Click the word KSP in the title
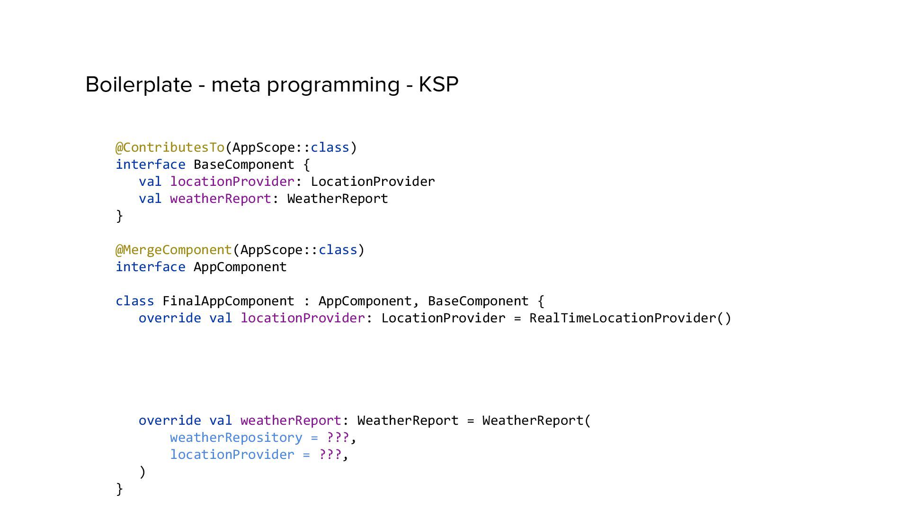[438, 85]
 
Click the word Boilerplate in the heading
[139, 85]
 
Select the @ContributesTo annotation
[170, 147]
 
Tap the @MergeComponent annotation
[174, 250]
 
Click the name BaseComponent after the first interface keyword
[244, 165]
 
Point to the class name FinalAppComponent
[228, 301]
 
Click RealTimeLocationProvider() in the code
[630, 318]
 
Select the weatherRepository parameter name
[236, 438]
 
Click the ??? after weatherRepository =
[338, 438]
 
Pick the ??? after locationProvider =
[330, 455]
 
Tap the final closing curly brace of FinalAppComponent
[119, 489]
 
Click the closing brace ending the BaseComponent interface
[119, 216]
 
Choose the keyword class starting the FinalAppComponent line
[135, 301]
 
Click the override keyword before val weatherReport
[169, 421]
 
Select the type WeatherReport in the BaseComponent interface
[338, 199]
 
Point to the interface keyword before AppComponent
[151, 267]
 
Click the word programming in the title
[333, 85]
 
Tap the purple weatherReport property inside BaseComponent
[220, 199]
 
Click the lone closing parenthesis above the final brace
[143, 472]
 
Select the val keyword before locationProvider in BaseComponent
[150, 182]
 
